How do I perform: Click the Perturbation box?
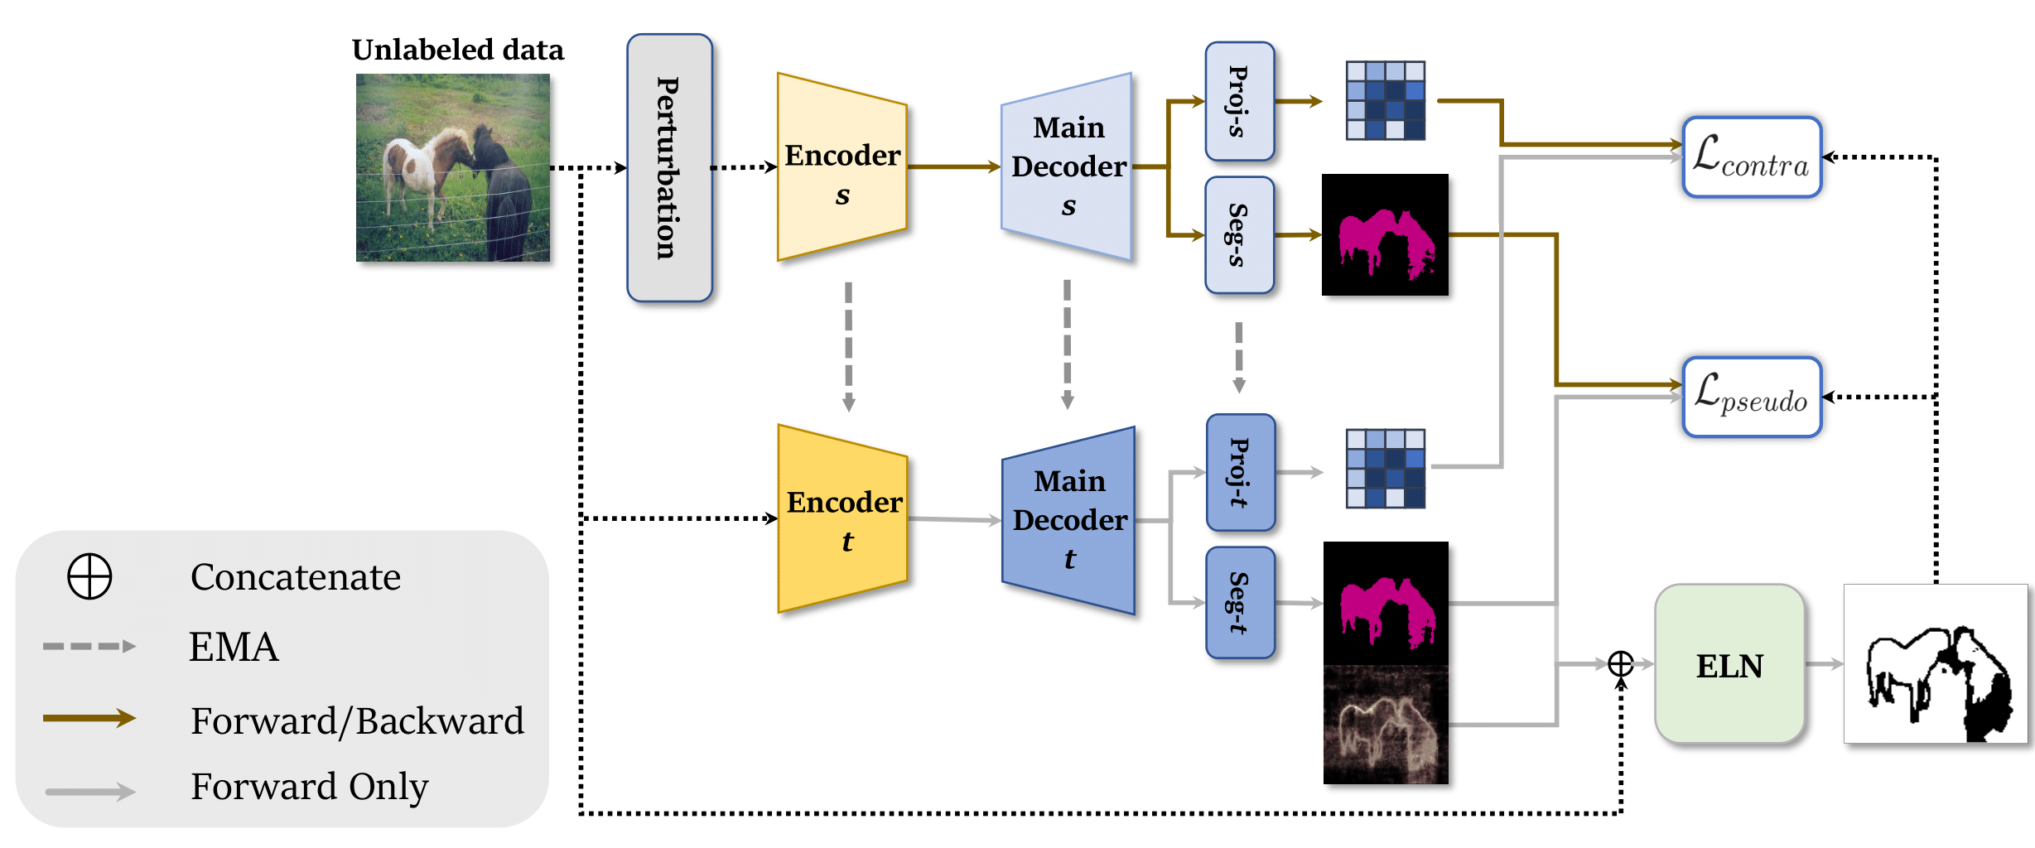point(669,168)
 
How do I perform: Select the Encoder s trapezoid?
point(841,167)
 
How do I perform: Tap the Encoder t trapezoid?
point(842,519)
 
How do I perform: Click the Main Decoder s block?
point(1067,166)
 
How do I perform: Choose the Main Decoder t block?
point(1068,520)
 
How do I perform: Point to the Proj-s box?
point(1239,101)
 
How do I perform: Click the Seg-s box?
point(1239,235)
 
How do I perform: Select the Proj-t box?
point(1240,472)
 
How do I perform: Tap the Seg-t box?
point(1240,603)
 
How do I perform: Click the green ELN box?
point(1729,664)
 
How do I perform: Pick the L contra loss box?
point(1752,157)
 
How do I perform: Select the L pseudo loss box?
point(1752,397)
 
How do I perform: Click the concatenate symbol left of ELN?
point(1621,664)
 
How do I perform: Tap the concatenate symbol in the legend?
point(89,576)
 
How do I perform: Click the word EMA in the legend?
point(234,647)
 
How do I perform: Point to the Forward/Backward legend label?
point(357,720)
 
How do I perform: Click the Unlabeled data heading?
point(458,50)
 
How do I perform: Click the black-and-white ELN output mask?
point(1936,664)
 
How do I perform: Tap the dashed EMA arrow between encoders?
point(848,347)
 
